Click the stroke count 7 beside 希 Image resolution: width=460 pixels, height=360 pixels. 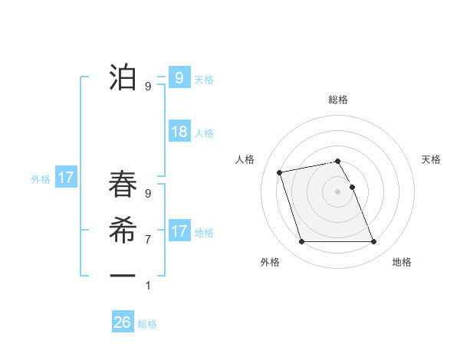coord(148,240)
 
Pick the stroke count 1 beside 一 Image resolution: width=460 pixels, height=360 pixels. coord(148,286)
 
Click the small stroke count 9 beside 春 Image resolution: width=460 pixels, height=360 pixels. coord(148,195)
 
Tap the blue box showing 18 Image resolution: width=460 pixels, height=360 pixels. coord(179,132)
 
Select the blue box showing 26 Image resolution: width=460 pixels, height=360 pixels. coord(122,322)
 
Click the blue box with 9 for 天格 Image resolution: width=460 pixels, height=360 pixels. coord(179,77)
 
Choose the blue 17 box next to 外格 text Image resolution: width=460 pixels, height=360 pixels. coord(66,178)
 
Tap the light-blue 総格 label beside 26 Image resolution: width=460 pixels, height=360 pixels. coord(147,324)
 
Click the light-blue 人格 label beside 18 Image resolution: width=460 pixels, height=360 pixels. coord(204,133)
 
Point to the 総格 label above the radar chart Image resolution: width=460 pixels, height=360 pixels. coord(337,100)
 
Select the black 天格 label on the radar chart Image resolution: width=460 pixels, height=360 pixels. coord(431,159)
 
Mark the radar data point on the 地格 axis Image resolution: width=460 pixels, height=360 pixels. coord(373,242)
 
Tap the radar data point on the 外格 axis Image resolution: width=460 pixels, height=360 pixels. coord(301,242)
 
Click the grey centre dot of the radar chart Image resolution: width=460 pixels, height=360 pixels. coord(337,191)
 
